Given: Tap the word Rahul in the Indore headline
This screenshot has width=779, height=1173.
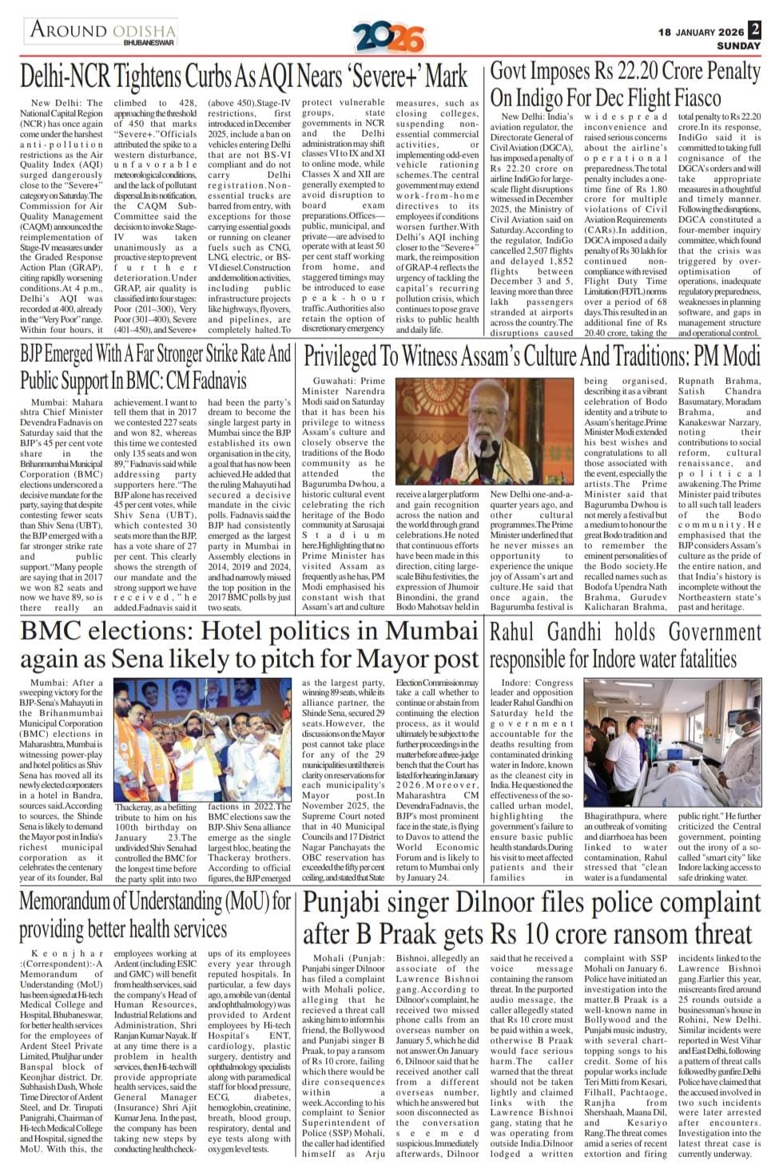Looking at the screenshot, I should (x=515, y=632).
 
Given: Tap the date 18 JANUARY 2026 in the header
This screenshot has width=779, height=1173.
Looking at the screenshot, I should (x=701, y=32).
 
